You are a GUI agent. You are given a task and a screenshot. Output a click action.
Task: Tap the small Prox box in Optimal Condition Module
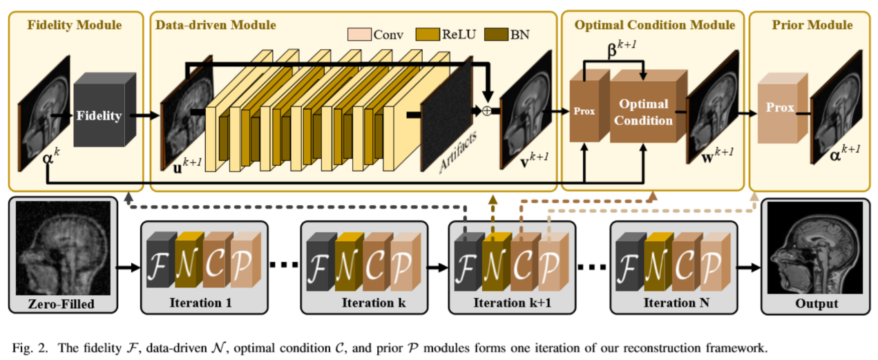(584, 111)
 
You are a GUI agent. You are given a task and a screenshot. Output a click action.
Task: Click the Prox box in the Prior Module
(779, 108)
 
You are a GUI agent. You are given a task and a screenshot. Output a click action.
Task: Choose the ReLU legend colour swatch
(429, 33)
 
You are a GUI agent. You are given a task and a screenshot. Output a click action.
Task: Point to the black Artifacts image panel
(448, 114)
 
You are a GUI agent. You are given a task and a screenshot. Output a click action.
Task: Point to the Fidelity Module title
(74, 25)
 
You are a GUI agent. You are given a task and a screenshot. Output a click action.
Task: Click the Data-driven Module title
(216, 25)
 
